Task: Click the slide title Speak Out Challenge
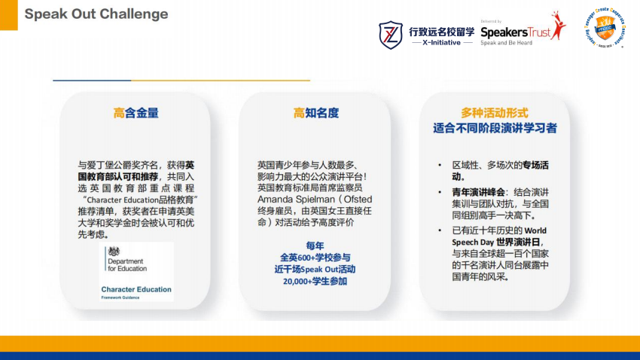[x=96, y=14]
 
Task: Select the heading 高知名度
[x=315, y=113]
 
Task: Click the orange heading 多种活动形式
[x=495, y=112]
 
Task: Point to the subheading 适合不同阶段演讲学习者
[x=495, y=128]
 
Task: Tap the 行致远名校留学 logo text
[x=442, y=31]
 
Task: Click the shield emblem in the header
[x=390, y=34]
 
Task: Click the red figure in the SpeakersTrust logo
[x=556, y=27]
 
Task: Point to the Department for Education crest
[x=113, y=252]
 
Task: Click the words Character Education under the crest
[x=136, y=289]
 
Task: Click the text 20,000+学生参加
[x=315, y=281]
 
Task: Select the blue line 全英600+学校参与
[x=315, y=257]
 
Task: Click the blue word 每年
[x=315, y=246]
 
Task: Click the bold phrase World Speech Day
[x=536, y=230]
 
